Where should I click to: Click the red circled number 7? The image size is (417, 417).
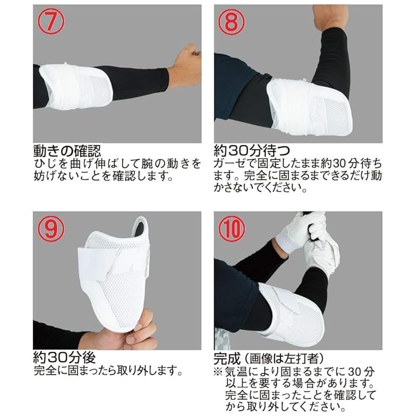tap(51, 22)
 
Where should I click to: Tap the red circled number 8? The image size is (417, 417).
tap(231, 22)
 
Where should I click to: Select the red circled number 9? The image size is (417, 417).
tap(51, 229)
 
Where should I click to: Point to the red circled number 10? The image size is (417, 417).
tap(231, 229)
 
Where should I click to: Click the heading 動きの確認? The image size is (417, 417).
tap(67, 151)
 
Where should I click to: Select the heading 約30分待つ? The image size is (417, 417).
tap(252, 151)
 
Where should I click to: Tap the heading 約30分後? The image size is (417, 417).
tap(64, 358)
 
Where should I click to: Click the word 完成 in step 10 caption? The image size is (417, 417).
tap(227, 359)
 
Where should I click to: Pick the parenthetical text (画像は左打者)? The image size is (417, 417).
tap(283, 359)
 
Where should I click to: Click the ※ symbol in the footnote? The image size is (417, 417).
tap(218, 371)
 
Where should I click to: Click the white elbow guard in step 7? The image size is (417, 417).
tap(76, 86)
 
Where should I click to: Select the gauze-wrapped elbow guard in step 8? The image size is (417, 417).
tap(309, 106)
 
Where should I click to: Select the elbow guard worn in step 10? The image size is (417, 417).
tap(292, 314)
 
